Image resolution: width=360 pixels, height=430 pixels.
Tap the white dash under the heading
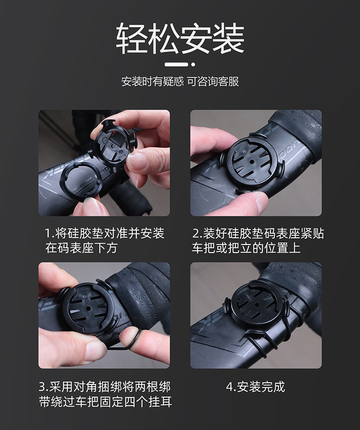point(176,64)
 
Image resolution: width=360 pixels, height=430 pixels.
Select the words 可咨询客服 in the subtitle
point(213,81)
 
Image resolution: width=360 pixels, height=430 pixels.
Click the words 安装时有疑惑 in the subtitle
point(153,81)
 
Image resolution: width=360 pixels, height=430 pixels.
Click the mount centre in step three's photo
point(89,308)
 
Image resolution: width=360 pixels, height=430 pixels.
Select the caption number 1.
point(48,234)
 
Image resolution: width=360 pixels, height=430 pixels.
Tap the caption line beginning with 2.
point(258,234)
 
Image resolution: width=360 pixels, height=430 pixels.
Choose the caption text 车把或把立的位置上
point(246,248)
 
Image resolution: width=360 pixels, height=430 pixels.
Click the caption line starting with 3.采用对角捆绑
point(105,387)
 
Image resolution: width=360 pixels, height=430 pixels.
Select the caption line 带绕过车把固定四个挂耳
point(105,402)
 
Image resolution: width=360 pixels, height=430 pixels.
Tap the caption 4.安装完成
point(255,387)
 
